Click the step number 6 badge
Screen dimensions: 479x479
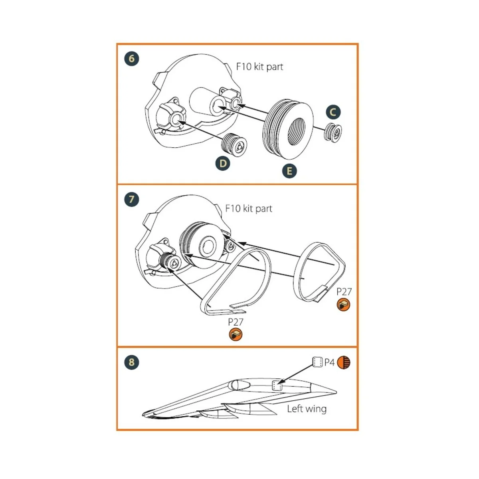click(132, 59)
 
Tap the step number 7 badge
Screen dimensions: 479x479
click(132, 199)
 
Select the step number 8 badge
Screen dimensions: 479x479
click(132, 362)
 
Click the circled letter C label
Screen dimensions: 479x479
click(333, 112)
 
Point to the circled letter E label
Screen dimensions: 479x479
click(289, 171)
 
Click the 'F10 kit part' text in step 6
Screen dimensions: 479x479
click(259, 67)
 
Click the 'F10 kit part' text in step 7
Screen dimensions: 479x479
click(249, 208)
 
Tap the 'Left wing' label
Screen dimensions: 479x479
click(307, 409)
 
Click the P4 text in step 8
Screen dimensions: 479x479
click(329, 362)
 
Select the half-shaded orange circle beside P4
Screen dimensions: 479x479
click(344, 362)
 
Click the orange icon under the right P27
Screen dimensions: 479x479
click(343, 305)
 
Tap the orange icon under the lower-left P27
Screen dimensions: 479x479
click(236, 335)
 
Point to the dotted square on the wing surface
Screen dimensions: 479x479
click(277, 386)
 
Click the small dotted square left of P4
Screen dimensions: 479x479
click(317, 362)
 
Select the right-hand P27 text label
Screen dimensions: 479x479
click(344, 291)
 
